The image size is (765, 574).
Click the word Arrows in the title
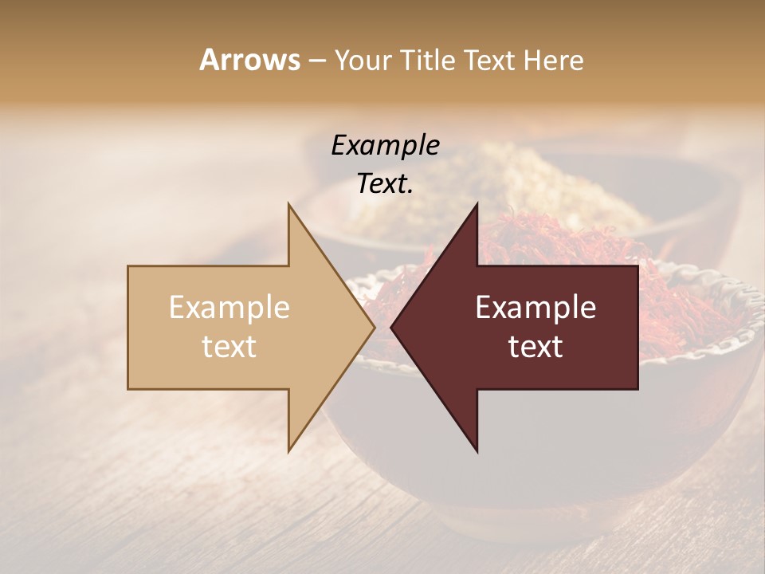249,60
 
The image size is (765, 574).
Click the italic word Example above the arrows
386,146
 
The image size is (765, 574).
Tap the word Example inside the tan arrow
229,308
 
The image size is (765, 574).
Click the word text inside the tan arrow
229,347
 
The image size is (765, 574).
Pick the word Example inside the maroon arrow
535,308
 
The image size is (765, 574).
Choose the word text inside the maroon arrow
535,347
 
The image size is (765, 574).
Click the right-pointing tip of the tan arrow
373,328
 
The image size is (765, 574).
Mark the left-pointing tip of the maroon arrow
392,328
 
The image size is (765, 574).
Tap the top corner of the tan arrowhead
289,205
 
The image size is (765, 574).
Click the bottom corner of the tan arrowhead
289,450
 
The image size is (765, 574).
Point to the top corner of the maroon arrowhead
477,205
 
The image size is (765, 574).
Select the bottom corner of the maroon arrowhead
477,450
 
